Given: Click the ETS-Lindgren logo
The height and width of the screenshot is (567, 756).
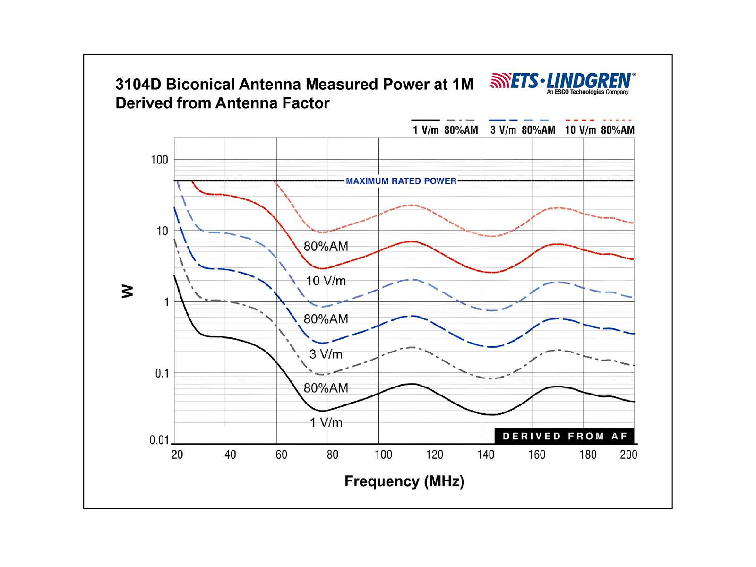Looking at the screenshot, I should pyautogui.click(x=563, y=83).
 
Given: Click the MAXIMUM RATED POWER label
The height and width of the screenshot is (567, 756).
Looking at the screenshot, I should pyautogui.click(x=401, y=181).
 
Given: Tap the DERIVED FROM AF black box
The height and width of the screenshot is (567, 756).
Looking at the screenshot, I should pyautogui.click(x=564, y=436).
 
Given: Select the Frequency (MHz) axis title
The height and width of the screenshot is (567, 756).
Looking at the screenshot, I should pyautogui.click(x=404, y=481).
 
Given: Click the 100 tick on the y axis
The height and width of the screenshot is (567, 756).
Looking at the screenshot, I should pyautogui.click(x=160, y=160).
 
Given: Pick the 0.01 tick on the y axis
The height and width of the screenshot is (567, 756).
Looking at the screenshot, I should pyautogui.click(x=159, y=440).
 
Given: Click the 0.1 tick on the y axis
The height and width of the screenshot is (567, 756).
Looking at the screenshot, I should pyautogui.click(x=162, y=373).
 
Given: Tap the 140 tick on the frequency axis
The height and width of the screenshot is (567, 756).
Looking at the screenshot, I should pyautogui.click(x=485, y=455).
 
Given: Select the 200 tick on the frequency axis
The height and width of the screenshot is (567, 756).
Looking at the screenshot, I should pyautogui.click(x=628, y=455).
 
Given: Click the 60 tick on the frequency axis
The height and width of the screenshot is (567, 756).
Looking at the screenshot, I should pyautogui.click(x=281, y=455).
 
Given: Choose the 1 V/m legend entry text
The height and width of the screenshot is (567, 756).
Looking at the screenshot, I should pyautogui.click(x=426, y=130).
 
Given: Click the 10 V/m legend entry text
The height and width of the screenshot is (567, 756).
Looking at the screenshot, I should pyautogui.click(x=580, y=130).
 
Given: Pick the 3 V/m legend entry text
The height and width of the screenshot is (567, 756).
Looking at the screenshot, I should pyautogui.click(x=503, y=130).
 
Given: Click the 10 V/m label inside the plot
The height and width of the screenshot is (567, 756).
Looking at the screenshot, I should pyautogui.click(x=326, y=281).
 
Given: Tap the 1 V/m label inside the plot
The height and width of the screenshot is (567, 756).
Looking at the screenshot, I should pyautogui.click(x=326, y=422).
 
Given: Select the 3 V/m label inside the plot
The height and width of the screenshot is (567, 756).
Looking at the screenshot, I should pyautogui.click(x=326, y=354).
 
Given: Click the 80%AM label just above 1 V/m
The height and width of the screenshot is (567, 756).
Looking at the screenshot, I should pyautogui.click(x=326, y=388).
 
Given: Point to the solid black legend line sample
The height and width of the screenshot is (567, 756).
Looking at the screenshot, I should pyautogui.click(x=425, y=120).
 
